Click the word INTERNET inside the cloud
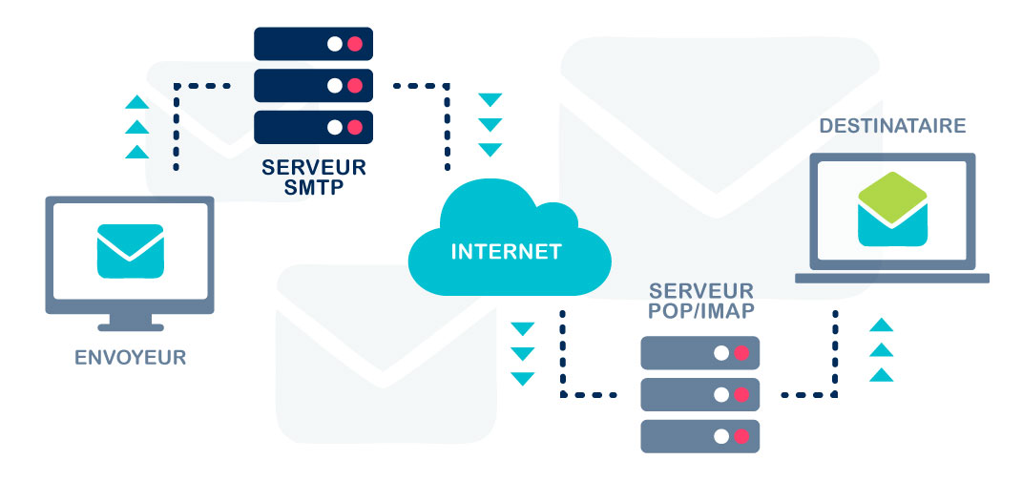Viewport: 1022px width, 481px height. coord(506,253)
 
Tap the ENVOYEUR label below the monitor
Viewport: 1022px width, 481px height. coord(130,359)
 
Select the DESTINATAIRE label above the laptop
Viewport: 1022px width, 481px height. coord(892,126)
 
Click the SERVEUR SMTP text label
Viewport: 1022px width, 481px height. coord(312,177)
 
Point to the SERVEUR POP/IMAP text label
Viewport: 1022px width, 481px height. coord(700,300)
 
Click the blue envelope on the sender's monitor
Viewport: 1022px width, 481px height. coord(130,251)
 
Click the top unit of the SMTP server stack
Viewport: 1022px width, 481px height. coord(313,44)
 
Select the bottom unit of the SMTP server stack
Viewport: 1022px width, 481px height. coord(313,126)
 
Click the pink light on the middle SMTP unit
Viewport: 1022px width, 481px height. coord(355,85)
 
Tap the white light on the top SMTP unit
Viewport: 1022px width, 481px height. coord(334,44)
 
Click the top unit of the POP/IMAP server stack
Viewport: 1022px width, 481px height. coord(699,352)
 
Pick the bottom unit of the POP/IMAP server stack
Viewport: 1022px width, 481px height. coord(699,435)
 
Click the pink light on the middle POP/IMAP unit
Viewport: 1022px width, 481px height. coord(741,394)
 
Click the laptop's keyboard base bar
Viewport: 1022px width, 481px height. coord(891,278)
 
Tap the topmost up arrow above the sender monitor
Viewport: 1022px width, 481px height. coord(137,102)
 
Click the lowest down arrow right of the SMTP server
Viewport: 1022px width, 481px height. coord(490,150)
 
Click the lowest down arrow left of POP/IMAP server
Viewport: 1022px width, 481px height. coord(522,379)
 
